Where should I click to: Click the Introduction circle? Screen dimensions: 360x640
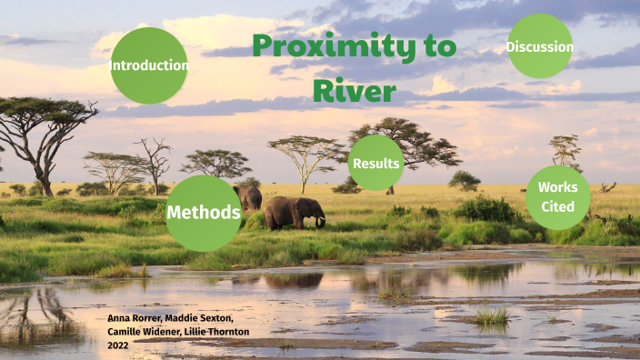point(149,65)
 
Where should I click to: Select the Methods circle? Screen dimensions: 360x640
point(204,213)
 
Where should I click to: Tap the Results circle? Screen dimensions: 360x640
point(376,163)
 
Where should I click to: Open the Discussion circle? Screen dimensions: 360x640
point(540,46)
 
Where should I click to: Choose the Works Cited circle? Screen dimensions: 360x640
point(557,197)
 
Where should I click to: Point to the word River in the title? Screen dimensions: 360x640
point(355,90)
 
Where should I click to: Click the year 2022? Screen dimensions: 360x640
point(118,345)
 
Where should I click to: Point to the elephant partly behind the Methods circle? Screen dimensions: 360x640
point(248,196)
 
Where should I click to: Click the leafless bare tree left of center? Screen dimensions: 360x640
point(153,161)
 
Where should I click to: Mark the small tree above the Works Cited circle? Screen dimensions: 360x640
point(565,149)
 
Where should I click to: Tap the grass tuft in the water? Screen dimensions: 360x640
point(492,316)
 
